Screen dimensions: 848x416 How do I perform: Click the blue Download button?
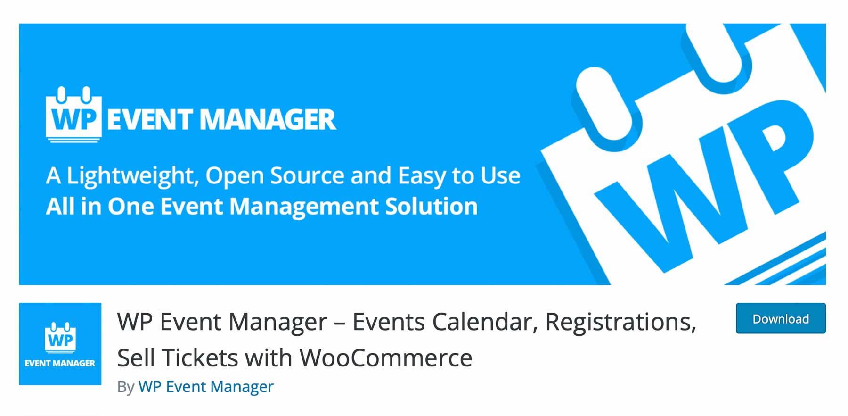click(781, 318)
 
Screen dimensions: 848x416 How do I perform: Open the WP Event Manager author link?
click(206, 387)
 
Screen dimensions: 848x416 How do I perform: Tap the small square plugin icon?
click(60, 344)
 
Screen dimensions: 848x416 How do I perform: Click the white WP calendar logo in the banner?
click(73, 115)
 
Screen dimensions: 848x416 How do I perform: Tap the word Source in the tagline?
click(307, 175)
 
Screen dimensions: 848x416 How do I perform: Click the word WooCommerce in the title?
click(386, 358)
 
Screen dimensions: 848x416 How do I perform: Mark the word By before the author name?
click(126, 387)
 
